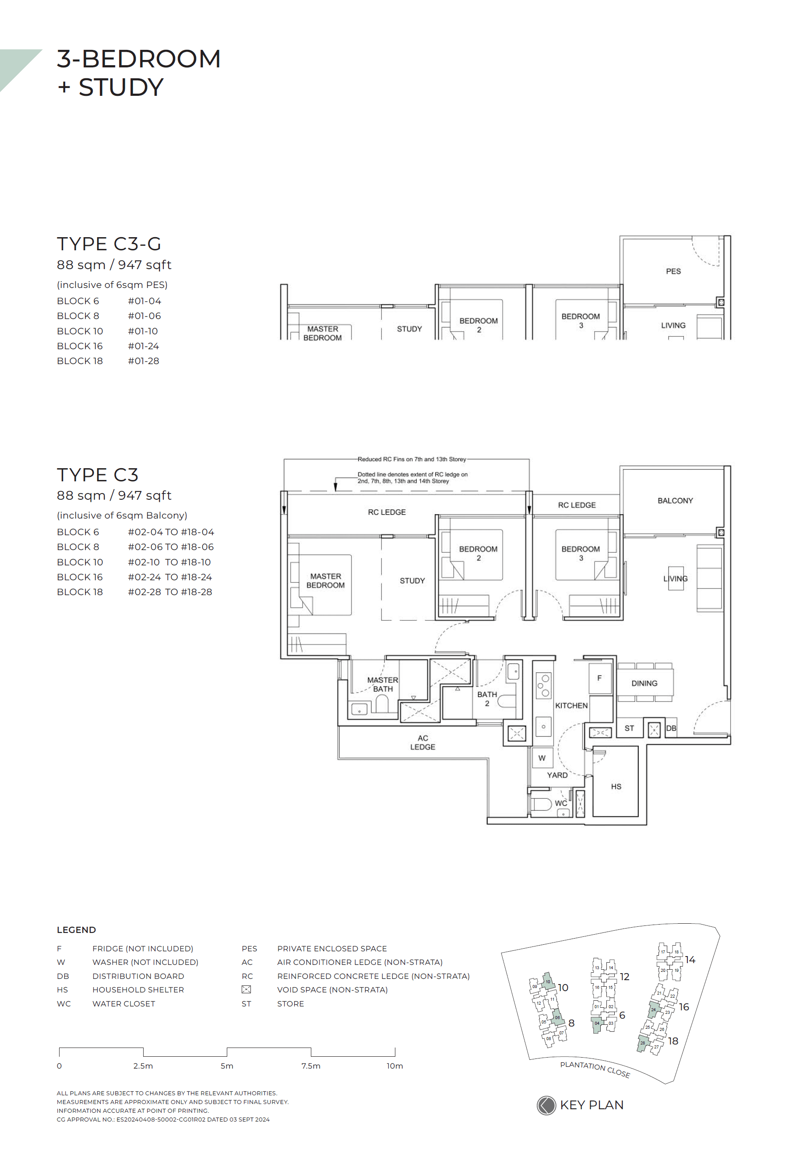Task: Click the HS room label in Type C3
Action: pyautogui.click(x=616, y=786)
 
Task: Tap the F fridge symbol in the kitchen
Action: pyautogui.click(x=599, y=678)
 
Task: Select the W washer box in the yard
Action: pyautogui.click(x=542, y=758)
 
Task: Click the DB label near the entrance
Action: pyautogui.click(x=671, y=728)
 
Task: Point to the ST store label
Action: pyautogui.click(x=629, y=728)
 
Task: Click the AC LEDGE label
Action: pyautogui.click(x=423, y=742)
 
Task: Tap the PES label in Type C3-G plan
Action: pyautogui.click(x=673, y=271)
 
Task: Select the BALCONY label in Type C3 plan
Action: pyautogui.click(x=675, y=501)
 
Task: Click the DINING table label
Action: pyautogui.click(x=644, y=683)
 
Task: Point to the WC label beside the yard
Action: pyautogui.click(x=561, y=803)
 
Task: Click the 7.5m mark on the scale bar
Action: pyautogui.click(x=310, y=1065)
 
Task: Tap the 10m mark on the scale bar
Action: pyautogui.click(x=394, y=1065)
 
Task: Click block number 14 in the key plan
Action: pyautogui.click(x=690, y=960)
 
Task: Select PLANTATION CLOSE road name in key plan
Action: pyautogui.click(x=595, y=1069)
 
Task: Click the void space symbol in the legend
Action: pyautogui.click(x=246, y=989)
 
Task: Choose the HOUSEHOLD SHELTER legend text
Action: pyautogui.click(x=138, y=989)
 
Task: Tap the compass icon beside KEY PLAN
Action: pyautogui.click(x=546, y=1105)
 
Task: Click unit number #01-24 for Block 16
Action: pyautogui.click(x=143, y=346)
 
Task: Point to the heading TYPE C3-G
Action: pyautogui.click(x=109, y=244)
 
